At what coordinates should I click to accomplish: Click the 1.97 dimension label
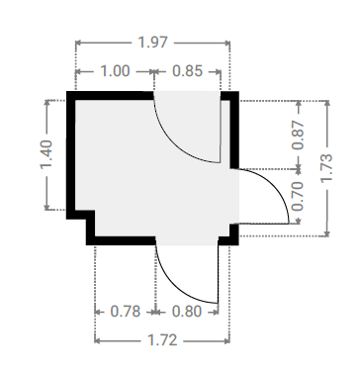click(152, 43)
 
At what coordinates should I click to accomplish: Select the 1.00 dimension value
click(115, 71)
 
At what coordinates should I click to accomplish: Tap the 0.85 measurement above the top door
click(187, 71)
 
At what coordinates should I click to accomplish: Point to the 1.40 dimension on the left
click(46, 154)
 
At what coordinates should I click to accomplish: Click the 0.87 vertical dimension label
click(298, 135)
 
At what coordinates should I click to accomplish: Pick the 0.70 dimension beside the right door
click(298, 196)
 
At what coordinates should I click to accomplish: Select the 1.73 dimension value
click(326, 168)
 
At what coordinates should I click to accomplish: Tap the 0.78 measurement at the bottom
click(126, 312)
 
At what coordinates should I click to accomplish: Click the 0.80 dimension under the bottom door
click(187, 312)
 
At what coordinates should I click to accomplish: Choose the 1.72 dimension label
click(162, 340)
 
